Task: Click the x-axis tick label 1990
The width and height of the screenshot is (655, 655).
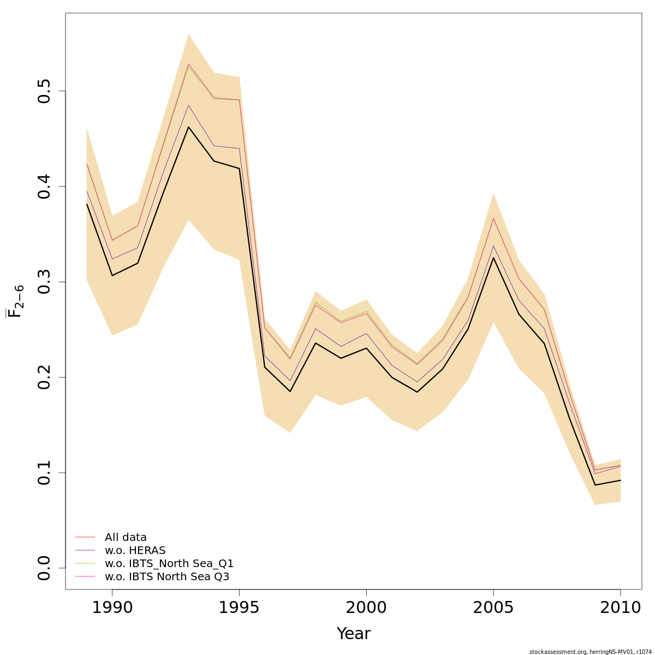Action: click(112, 608)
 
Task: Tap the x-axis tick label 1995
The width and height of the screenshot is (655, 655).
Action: click(239, 608)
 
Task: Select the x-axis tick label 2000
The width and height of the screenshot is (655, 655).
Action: click(366, 608)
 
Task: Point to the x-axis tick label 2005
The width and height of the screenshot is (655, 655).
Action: click(493, 608)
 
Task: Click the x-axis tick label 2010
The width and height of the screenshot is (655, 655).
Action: click(620, 608)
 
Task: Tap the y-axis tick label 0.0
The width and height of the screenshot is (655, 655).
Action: click(45, 568)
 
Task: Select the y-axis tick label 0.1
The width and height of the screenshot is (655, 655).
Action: click(45, 473)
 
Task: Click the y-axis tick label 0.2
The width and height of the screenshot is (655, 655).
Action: click(45, 377)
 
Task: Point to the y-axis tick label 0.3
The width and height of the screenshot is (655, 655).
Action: click(45, 282)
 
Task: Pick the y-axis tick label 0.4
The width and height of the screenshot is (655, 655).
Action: click(45, 186)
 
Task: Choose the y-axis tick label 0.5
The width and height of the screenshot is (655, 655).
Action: click(45, 91)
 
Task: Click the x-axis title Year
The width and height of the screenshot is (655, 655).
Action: click(353, 634)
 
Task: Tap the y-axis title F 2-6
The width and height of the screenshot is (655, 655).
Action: click(16, 301)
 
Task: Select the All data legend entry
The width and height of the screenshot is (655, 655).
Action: click(126, 538)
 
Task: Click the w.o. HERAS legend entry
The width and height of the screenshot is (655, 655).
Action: click(135, 551)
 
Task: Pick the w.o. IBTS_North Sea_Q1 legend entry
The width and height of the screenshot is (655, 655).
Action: click(169, 564)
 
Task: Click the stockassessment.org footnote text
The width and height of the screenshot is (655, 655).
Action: click(591, 652)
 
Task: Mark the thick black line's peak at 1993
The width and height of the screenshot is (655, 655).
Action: click(188, 127)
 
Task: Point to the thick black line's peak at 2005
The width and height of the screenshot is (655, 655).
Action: click(493, 258)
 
